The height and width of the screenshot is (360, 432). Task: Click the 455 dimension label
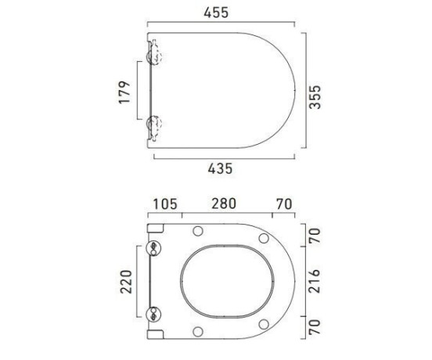pyautogui.click(x=216, y=13)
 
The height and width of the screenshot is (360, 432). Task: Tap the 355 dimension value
pyautogui.click(x=315, y=97)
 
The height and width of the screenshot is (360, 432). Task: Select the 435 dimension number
pyautogui.click(x=220, y=168)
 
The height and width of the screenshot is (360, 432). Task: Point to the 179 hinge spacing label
pyautogui.click(x=124, y=92)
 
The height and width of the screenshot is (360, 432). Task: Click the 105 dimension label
pyautogui.click(x=165, y=204)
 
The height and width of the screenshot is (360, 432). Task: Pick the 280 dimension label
pyautogui.click(x=224, y=203)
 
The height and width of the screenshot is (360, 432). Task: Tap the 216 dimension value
pyautogui.click(x=315, y=281)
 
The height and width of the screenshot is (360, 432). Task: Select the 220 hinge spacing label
pyautogui.click(x=126, y=282)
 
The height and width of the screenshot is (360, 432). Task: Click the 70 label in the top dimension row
pyautogui.click(x=284, y=204)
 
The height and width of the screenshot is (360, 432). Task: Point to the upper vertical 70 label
pyautogui.click(x=315, y=236)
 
